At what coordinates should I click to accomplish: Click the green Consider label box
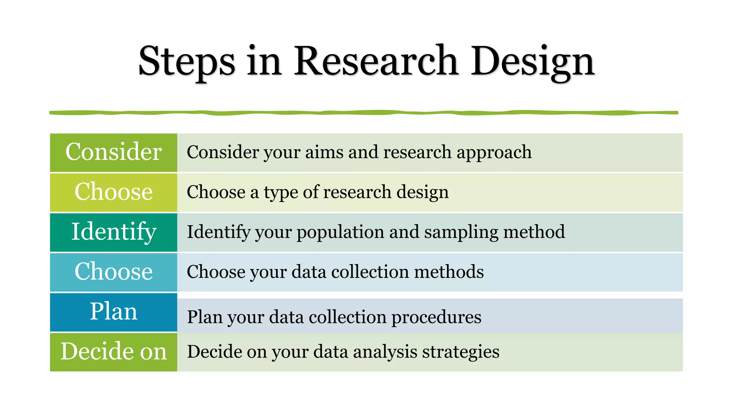tap(113, 152)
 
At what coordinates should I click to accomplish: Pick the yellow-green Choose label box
tap(113, 192)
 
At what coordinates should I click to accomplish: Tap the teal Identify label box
tap(113, 232)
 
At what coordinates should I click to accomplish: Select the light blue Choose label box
tap(113, 272)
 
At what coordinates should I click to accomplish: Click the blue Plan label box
tap(113, 312)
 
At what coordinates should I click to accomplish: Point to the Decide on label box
tap(113, 352)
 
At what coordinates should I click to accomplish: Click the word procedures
tap(436, 318)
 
